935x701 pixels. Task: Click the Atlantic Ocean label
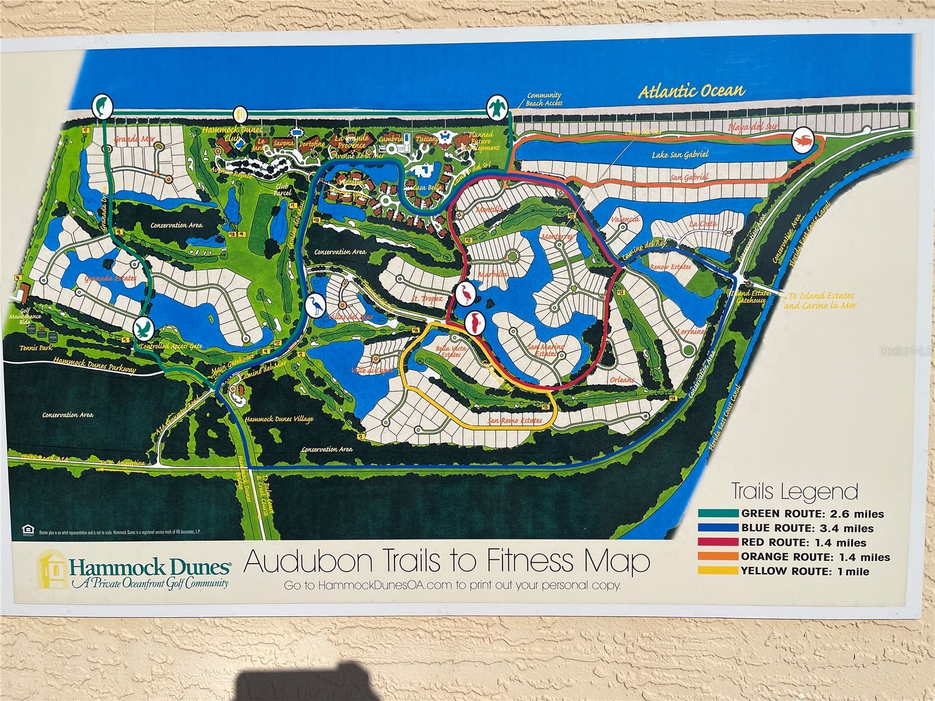(x=691, y=91)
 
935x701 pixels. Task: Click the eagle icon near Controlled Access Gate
(x=143, y=328)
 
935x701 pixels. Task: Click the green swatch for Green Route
(x=718, y=513)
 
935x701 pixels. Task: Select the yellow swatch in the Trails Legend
(x=718, y=571)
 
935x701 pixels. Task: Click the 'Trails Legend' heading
(x=795, y=492)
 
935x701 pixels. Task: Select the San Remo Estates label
(x=515, y=420)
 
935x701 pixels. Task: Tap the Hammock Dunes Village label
(x=279, y=419)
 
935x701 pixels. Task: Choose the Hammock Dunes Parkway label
(x=95, y=365)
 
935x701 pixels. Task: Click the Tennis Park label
(x=37, y=348)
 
